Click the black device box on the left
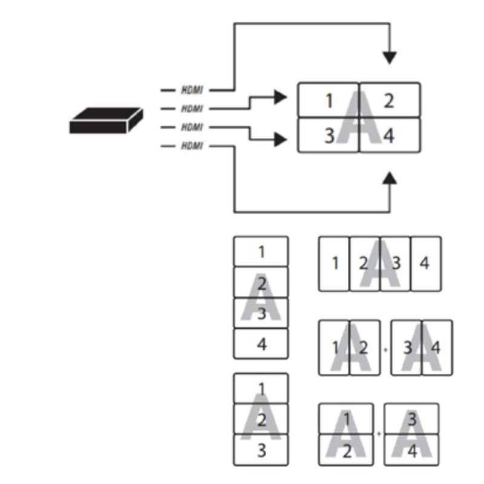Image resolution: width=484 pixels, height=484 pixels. [x=106, y=120]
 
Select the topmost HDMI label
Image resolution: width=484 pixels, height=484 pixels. [x=192, y=90]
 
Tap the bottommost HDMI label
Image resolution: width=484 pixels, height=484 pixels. [x=192, y=146]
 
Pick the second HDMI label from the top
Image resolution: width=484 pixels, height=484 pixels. [x=192, y=109]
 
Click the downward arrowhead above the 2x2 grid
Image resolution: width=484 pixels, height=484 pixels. [x=390, y=57]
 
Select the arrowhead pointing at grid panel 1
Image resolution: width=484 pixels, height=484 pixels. [x=280, y=96]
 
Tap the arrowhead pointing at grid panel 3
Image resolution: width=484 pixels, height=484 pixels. [x=280, y=140]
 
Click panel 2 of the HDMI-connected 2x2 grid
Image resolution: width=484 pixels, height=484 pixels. [x=390, y=100]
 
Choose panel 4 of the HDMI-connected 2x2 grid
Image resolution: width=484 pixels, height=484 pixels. [x=390, y=136]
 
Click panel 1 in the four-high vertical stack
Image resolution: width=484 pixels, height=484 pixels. [x=261, y=252]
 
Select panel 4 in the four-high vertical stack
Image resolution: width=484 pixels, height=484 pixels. [x=261, y=344]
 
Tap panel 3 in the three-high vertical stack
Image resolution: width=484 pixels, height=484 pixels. [x=261, y=450]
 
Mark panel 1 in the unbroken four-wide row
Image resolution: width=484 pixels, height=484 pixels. [x=334, y=263]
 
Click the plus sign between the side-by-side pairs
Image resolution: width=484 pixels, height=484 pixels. [x=385, y=349]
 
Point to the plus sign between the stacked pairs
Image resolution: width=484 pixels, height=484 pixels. [x=380, y=434]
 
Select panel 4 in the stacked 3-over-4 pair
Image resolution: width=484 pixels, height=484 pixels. [x=411, y=450]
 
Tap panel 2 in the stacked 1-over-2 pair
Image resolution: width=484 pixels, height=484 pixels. [x=347, y=450]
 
